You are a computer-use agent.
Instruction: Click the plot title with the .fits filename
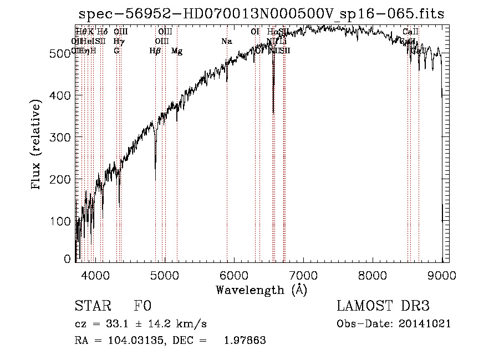pyautogui.click(x=261, y=14)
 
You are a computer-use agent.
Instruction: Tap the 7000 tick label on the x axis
pyautogui.click(x=303, y=275)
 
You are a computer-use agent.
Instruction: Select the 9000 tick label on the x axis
pyautogui.click(x=442, y=275)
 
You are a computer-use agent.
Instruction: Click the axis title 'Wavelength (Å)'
pyautogui.click(x=261, y=290)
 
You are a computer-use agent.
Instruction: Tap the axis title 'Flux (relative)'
pyautogui.click(x=37, y=145)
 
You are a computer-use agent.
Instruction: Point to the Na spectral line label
pyautogui.click(x=226, y=42)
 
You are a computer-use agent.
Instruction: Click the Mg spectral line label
pyautogui.click(x=177, y=51)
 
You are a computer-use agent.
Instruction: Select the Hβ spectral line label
pyautogui.click(x=155, y=51)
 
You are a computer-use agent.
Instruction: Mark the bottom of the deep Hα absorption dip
pyautogui.click(x=273, y=113)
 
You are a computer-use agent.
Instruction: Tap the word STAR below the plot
pyautogui.click(x=91, y=306)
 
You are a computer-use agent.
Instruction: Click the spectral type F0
pyautogui.click(x=142, y=306)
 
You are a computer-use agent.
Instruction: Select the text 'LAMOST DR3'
pyautogui.click(x=383, y=306)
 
